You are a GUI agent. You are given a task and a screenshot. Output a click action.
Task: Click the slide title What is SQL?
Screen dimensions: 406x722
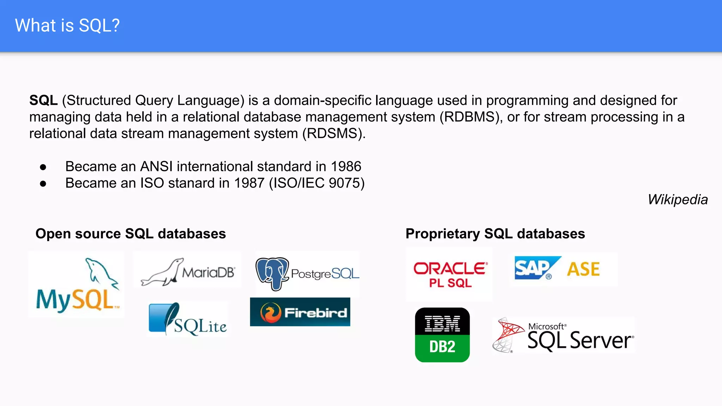point(67,26)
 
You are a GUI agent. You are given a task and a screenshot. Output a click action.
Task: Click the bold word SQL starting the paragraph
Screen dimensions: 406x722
point(43,100)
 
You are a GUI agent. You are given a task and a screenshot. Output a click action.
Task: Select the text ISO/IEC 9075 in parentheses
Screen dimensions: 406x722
point(317,183)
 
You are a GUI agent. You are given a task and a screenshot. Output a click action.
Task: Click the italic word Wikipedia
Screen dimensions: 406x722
point(677,199)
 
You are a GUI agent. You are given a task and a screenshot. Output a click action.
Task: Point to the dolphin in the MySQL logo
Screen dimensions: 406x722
point(100,271)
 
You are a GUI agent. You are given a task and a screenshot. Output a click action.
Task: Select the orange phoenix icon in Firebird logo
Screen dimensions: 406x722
point(270,313)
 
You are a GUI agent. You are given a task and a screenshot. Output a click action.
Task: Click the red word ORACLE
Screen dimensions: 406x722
point(450,269)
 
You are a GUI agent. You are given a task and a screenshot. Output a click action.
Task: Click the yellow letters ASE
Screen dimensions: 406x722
point(583,269)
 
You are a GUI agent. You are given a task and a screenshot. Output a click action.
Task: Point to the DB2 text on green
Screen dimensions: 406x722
point(442,347)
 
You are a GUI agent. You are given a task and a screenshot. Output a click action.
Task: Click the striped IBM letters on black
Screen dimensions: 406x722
point(442,324)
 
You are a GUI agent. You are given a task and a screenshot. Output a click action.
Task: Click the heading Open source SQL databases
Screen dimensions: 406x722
point(130,234)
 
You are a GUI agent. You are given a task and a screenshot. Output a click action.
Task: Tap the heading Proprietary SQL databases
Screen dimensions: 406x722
point(495,234)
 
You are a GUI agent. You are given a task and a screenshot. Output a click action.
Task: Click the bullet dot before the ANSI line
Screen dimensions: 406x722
point(43,167)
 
